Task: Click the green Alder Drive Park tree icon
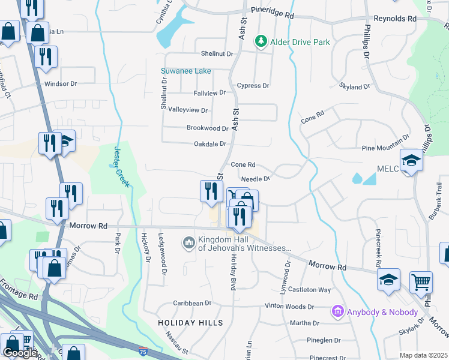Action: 261,41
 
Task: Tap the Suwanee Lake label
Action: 186,71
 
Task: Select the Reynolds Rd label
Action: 394,19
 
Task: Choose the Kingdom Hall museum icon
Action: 188,242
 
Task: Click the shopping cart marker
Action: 421,281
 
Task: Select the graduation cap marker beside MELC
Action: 411,161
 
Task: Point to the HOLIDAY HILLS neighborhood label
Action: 190,323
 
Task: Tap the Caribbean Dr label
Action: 193,304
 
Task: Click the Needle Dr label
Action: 256,179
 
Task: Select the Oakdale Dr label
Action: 209,144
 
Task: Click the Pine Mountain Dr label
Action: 385,148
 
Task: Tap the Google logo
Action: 20,353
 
